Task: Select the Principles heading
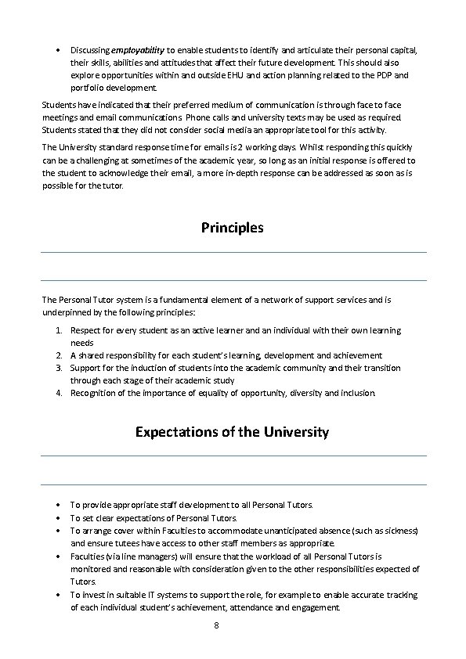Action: pos(233,228)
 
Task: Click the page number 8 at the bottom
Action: pos(215,626)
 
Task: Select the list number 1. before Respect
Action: pos(60,330)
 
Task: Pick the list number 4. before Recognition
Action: pos(60,393)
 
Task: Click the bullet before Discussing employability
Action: pos(60,50)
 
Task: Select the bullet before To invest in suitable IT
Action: pos(60,595)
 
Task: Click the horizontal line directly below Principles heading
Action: pos(233,252)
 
